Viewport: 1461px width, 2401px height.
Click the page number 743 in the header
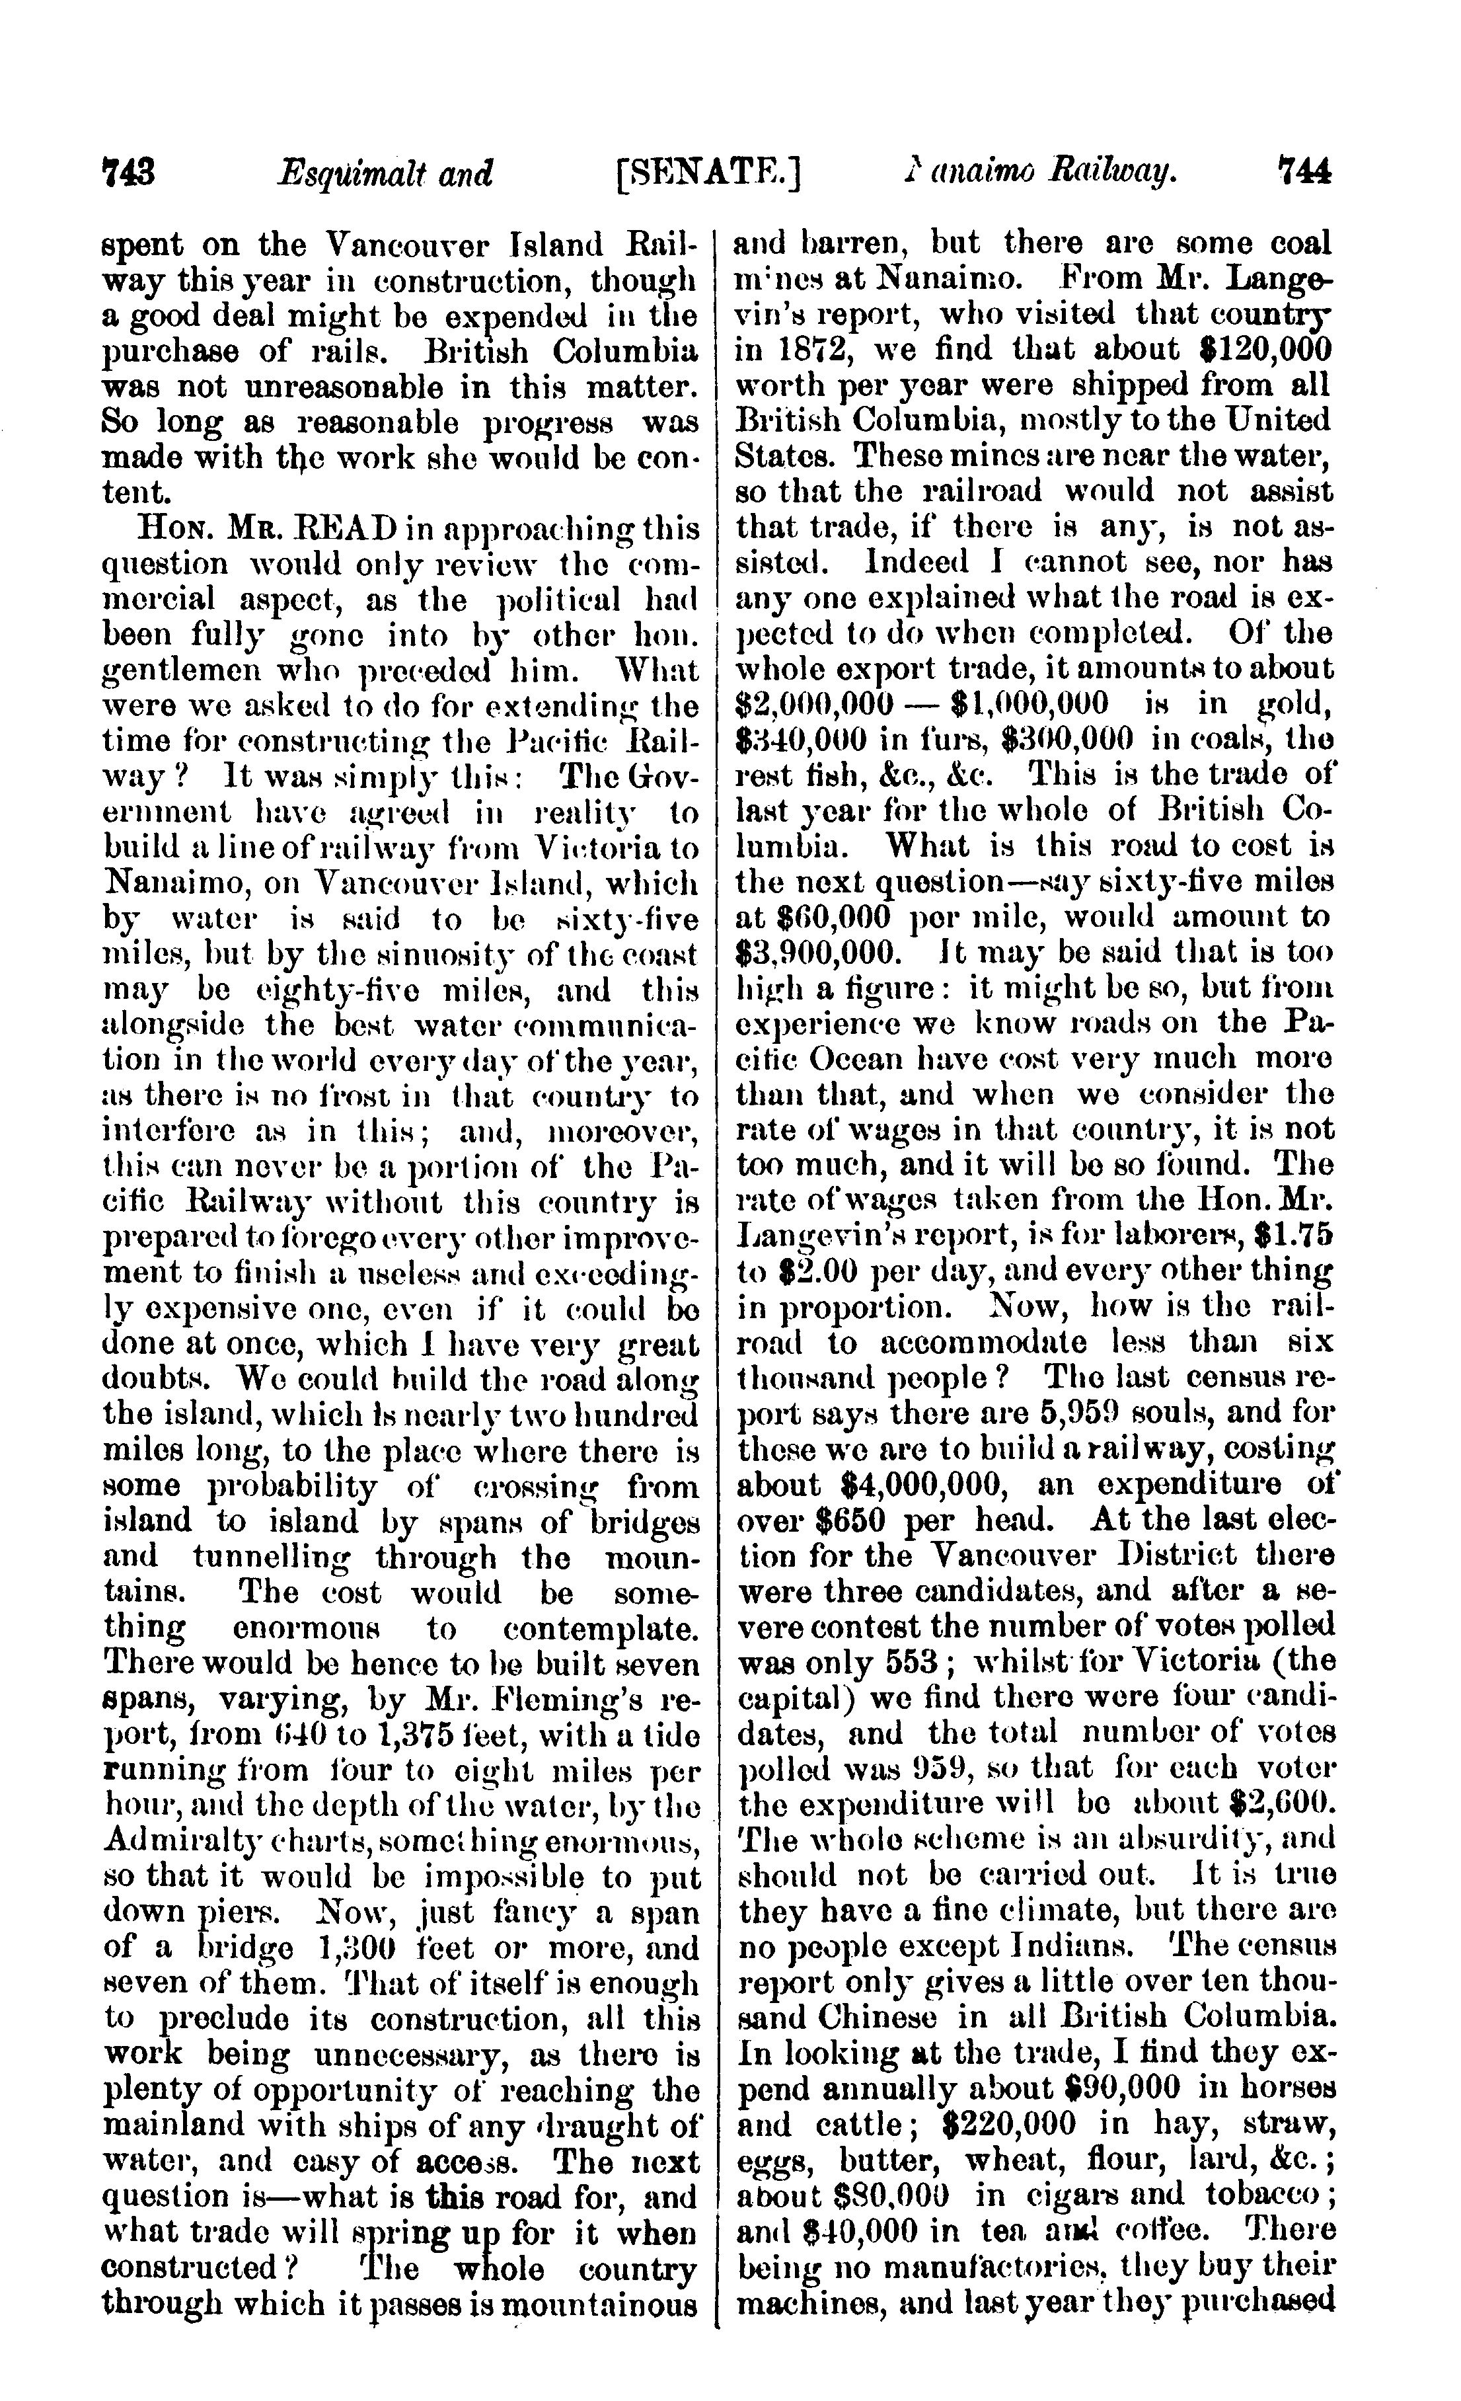pos(130,173)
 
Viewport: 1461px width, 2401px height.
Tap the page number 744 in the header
pos(1303,173)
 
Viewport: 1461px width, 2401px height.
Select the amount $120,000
pos(1264,349)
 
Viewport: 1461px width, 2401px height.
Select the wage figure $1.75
pos(1294,1236)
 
